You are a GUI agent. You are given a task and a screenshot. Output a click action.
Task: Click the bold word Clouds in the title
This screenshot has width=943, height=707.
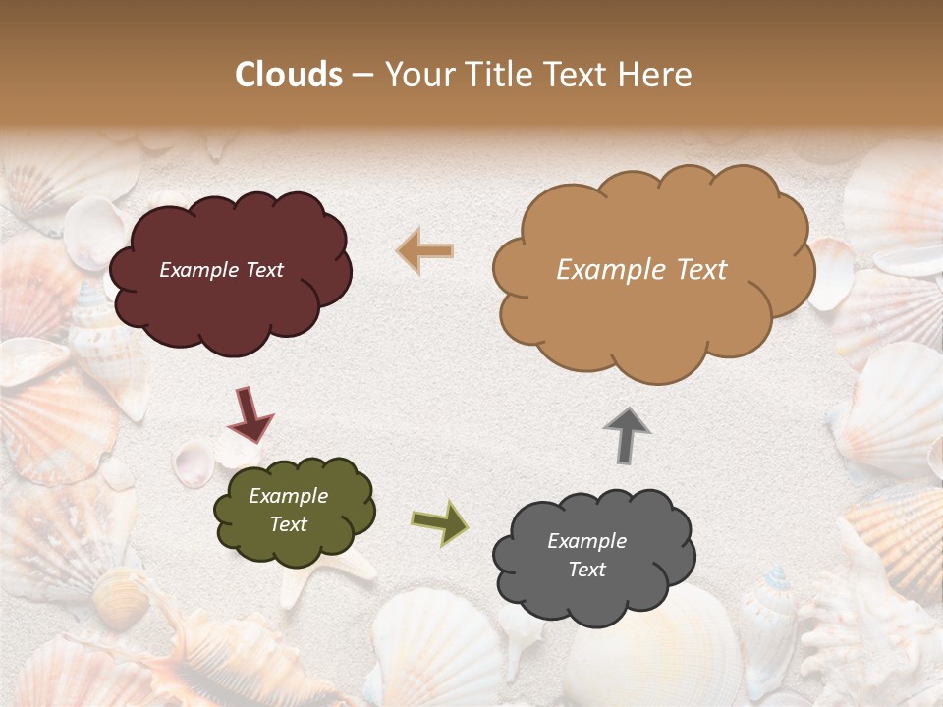[289, 75]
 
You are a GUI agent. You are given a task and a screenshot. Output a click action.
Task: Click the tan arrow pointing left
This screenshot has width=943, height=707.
[425, 251]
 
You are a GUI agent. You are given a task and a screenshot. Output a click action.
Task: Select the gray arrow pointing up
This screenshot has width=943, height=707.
[626, 435]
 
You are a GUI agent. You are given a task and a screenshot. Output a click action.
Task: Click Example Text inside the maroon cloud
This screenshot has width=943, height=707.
[221, 270]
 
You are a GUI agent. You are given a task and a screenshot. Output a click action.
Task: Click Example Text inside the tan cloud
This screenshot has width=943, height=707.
[641, 270]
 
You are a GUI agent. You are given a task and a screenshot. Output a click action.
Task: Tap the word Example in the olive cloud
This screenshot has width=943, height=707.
[288, 496]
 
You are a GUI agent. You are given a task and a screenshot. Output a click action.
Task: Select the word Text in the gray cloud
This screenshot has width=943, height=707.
[586, 570]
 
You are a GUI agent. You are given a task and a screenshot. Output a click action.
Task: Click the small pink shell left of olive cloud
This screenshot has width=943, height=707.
[194, 462]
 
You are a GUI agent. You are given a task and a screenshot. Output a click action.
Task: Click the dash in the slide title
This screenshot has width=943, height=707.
[362, 75]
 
